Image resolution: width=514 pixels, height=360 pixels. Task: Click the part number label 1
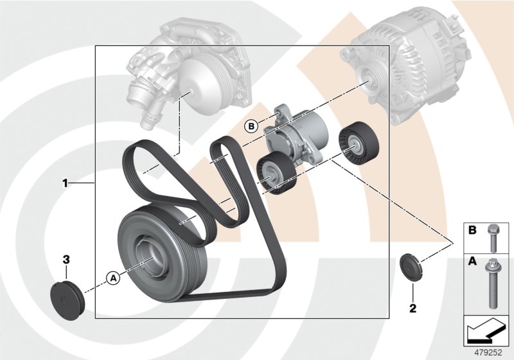tap(65, 184)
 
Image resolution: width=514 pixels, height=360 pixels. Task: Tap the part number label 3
tap(66, 259)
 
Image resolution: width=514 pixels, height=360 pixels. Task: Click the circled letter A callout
tap(112, 278)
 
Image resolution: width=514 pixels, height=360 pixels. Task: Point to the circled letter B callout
tap(251, 126)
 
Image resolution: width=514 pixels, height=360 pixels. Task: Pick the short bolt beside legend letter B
tap(493, 237)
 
